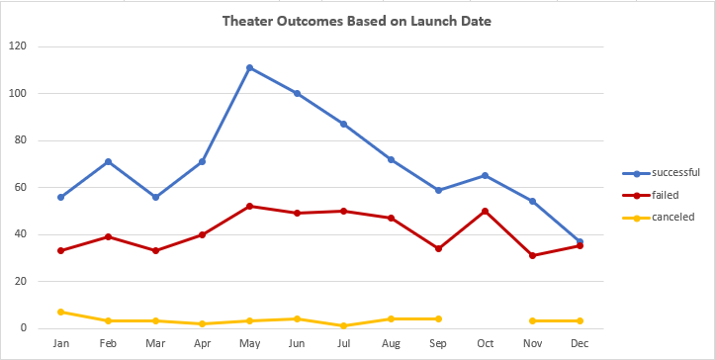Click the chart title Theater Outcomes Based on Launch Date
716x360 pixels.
coord(357,21)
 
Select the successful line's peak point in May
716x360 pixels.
coord(249,68)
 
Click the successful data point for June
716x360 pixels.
coord(297,94)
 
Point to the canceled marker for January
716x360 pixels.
coord(60,312)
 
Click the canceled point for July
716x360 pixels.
coord(344,325)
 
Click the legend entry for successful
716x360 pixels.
coord(668,172)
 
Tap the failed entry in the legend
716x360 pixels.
coord(660,194)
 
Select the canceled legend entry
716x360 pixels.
coord(665,216)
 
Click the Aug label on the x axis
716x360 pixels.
coord(391,344)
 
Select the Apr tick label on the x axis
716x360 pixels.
coord(202,344)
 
